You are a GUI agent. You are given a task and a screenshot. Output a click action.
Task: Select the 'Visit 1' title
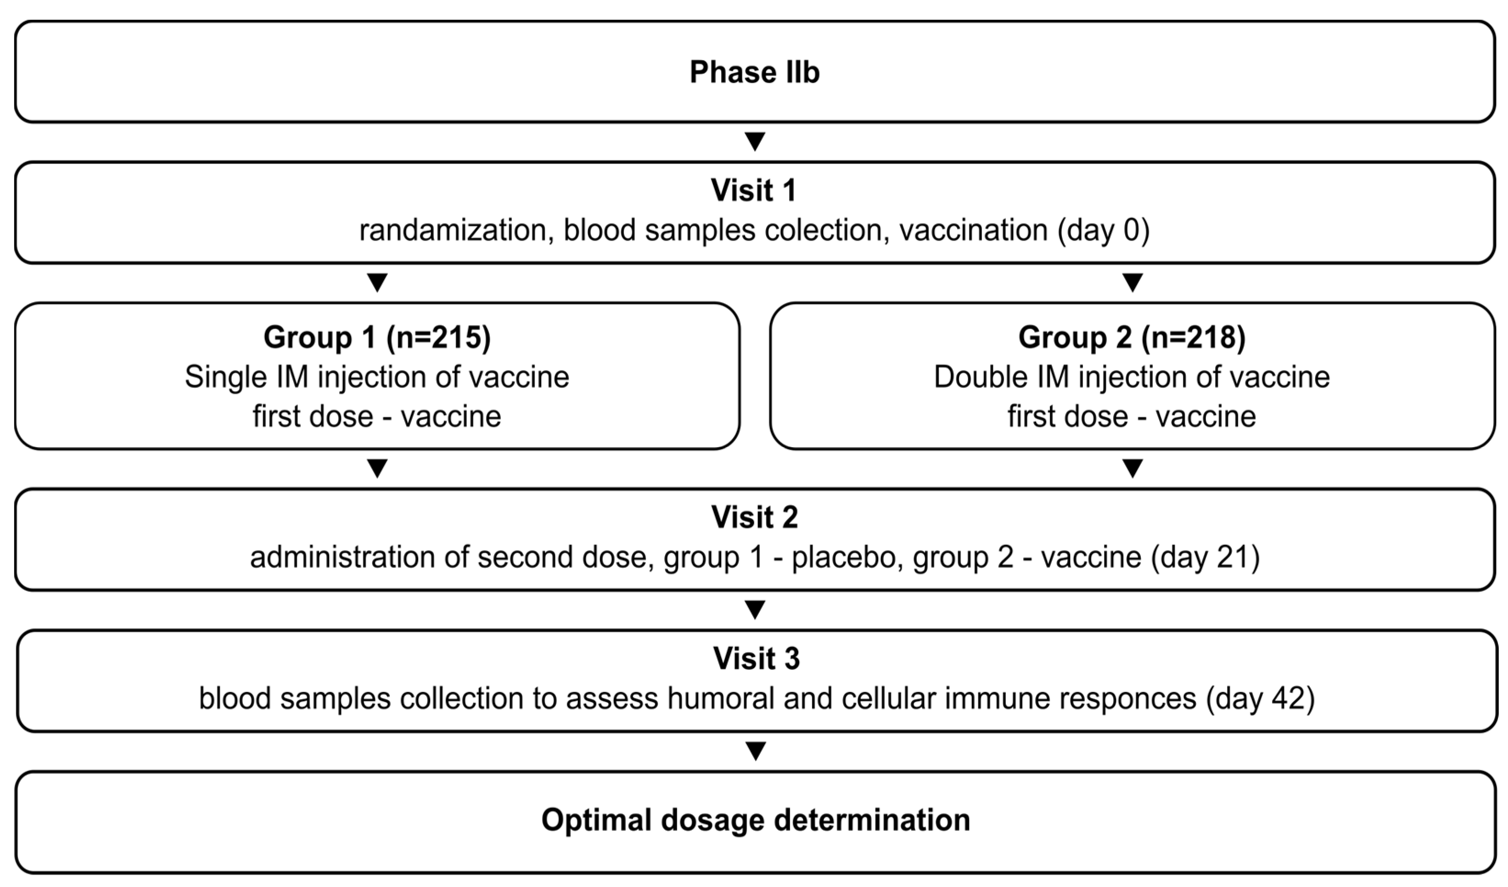click(x=753, y=191)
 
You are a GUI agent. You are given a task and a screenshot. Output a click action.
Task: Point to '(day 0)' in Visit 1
click(x=1103, y=230)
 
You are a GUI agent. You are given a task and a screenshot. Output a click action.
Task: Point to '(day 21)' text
click(x=1205, y=558)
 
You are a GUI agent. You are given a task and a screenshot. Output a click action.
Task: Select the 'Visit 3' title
click(x=756, y=659)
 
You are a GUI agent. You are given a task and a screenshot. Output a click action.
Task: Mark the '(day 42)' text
click(x=1260, y=698)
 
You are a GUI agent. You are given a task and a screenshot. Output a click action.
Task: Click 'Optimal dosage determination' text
click(x=755, y=820)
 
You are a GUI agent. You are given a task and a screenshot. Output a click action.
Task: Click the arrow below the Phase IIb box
click(x=755, y=142)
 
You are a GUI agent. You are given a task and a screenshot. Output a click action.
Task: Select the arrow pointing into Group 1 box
click(x=377, y=282)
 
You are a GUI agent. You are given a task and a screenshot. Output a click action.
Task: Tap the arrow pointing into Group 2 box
click(x=1132, y=282)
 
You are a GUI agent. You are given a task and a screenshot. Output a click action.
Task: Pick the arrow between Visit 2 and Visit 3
click(x=755, y=610)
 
